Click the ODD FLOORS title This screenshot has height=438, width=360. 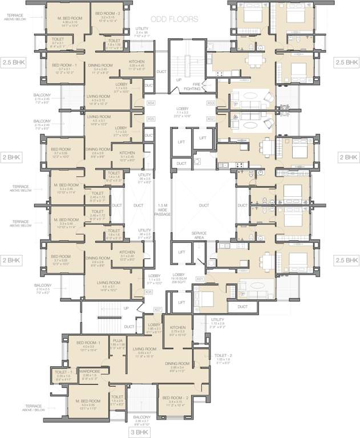click(x=178, y=19)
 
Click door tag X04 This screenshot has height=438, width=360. click(x=151, y=103)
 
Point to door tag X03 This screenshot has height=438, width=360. click(x=211, y=103)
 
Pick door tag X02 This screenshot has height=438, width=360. click(x=211, y=119)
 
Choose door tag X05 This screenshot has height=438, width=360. click(x=151, y=119)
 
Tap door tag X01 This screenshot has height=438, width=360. click(x=200, y=278)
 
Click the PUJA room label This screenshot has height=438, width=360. click(x=117, y=343)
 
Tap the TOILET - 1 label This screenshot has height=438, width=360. click(x=63, y=374)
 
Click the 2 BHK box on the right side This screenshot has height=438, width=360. click(x=347, y=156)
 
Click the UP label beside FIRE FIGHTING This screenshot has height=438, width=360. click(x=179, y=80)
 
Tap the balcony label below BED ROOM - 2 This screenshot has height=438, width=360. click(x=142, y=420)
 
